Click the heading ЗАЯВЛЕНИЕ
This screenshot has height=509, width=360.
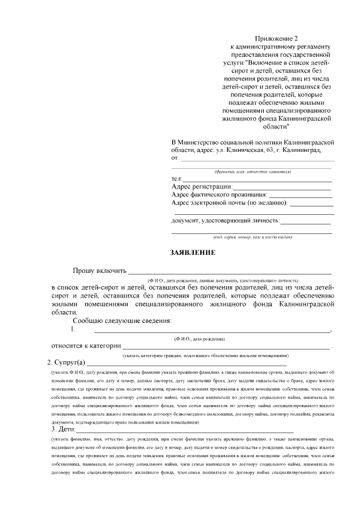[192, 253]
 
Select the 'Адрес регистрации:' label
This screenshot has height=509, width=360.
[201, 186]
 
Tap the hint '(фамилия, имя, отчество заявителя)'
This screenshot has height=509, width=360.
[251, 172]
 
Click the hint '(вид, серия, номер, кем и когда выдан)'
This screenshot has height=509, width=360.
[251, 237]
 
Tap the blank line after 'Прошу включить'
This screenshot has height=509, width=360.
[231, 273]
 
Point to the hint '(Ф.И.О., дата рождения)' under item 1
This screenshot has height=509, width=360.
[200, 339]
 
